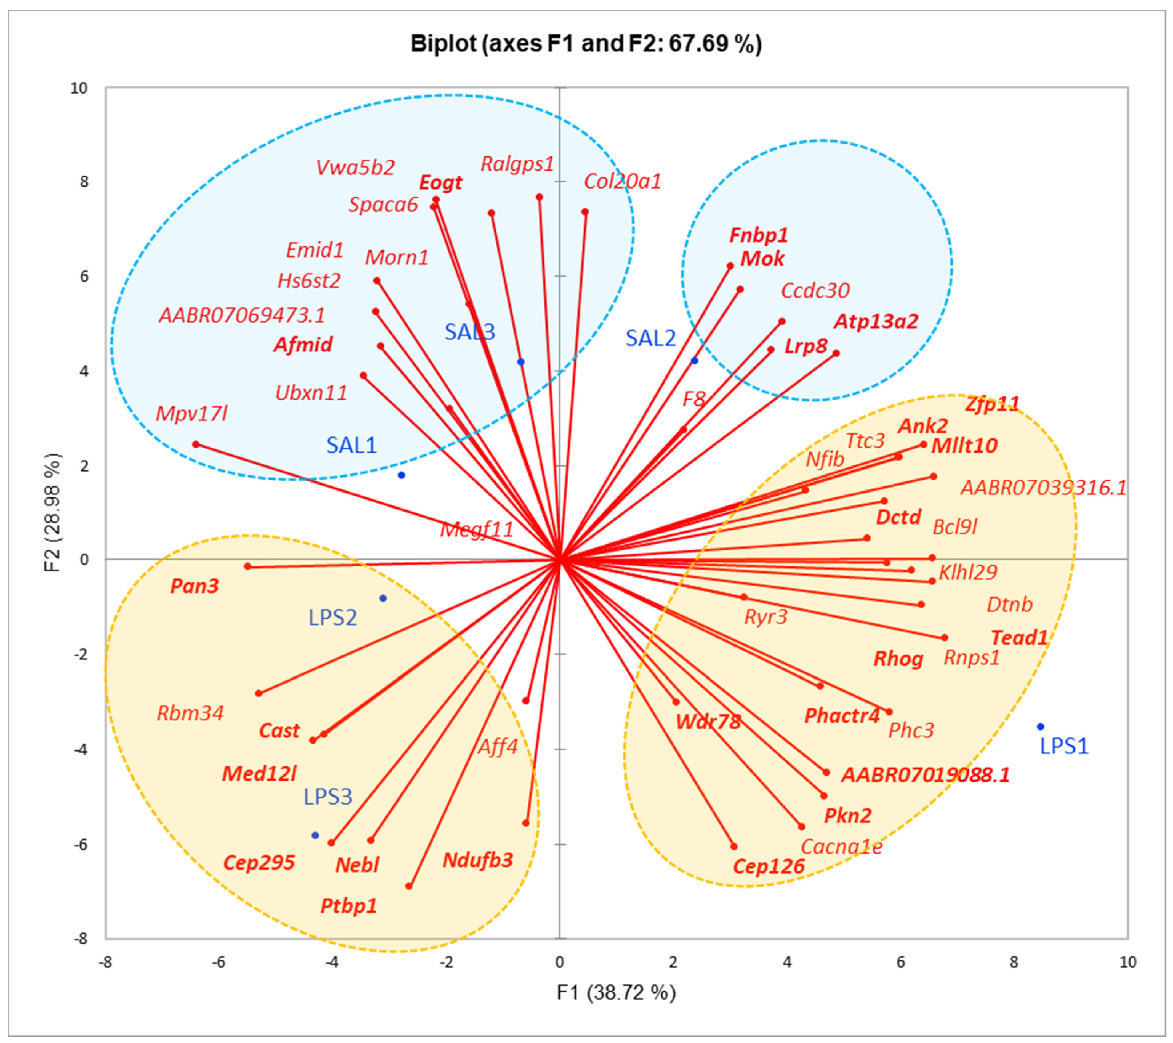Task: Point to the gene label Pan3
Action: pyautogui.click(x=195, y=586)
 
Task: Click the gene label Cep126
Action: pyautogui.click(x=769, y=866)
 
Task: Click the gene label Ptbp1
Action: pyautogui.click(x=348, y=906)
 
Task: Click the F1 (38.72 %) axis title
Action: pyautogui.click(x=616, y=992)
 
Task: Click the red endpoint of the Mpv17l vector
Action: pyautogui.click(x=196, y=444)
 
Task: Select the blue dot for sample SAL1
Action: pyautogui.click(x=401, y=475)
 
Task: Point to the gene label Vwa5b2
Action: pyautogui.click(x=355, y=167)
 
